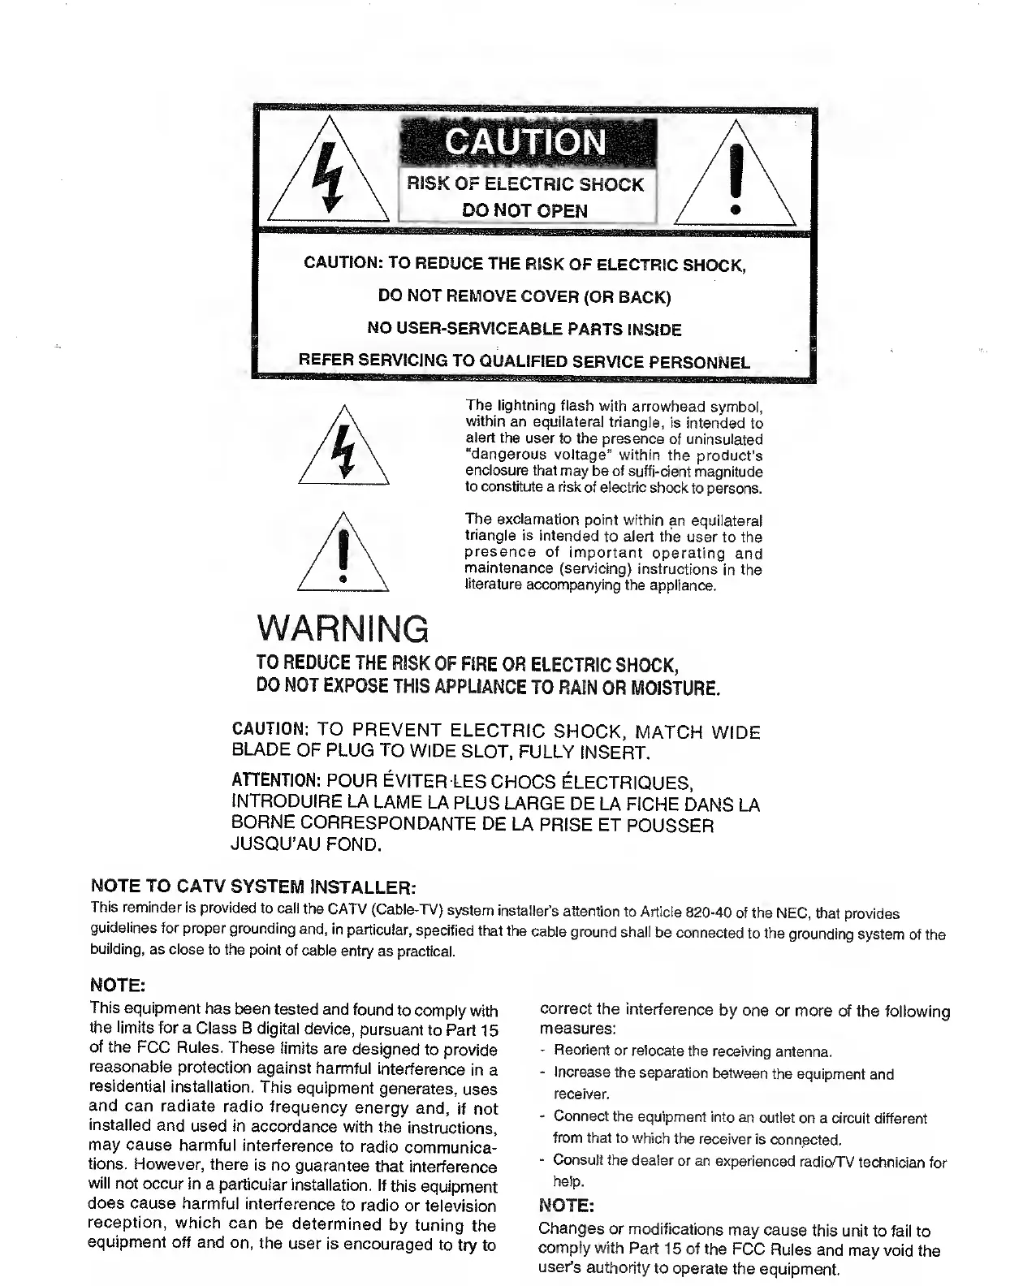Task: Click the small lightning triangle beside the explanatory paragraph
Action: pos(344,451)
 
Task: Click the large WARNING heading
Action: pos(342,629)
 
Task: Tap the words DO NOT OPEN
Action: pos(524,211)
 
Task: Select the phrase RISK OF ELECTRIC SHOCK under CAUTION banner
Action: pos(527,184)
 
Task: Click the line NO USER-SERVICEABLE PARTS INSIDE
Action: pos(524,330)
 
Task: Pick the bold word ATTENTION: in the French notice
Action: pos(277,782)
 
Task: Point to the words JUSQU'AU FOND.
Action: pos(306,846)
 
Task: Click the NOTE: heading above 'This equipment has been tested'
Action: pos(117,986)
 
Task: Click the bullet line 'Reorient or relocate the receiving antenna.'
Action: pos(693,1052)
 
